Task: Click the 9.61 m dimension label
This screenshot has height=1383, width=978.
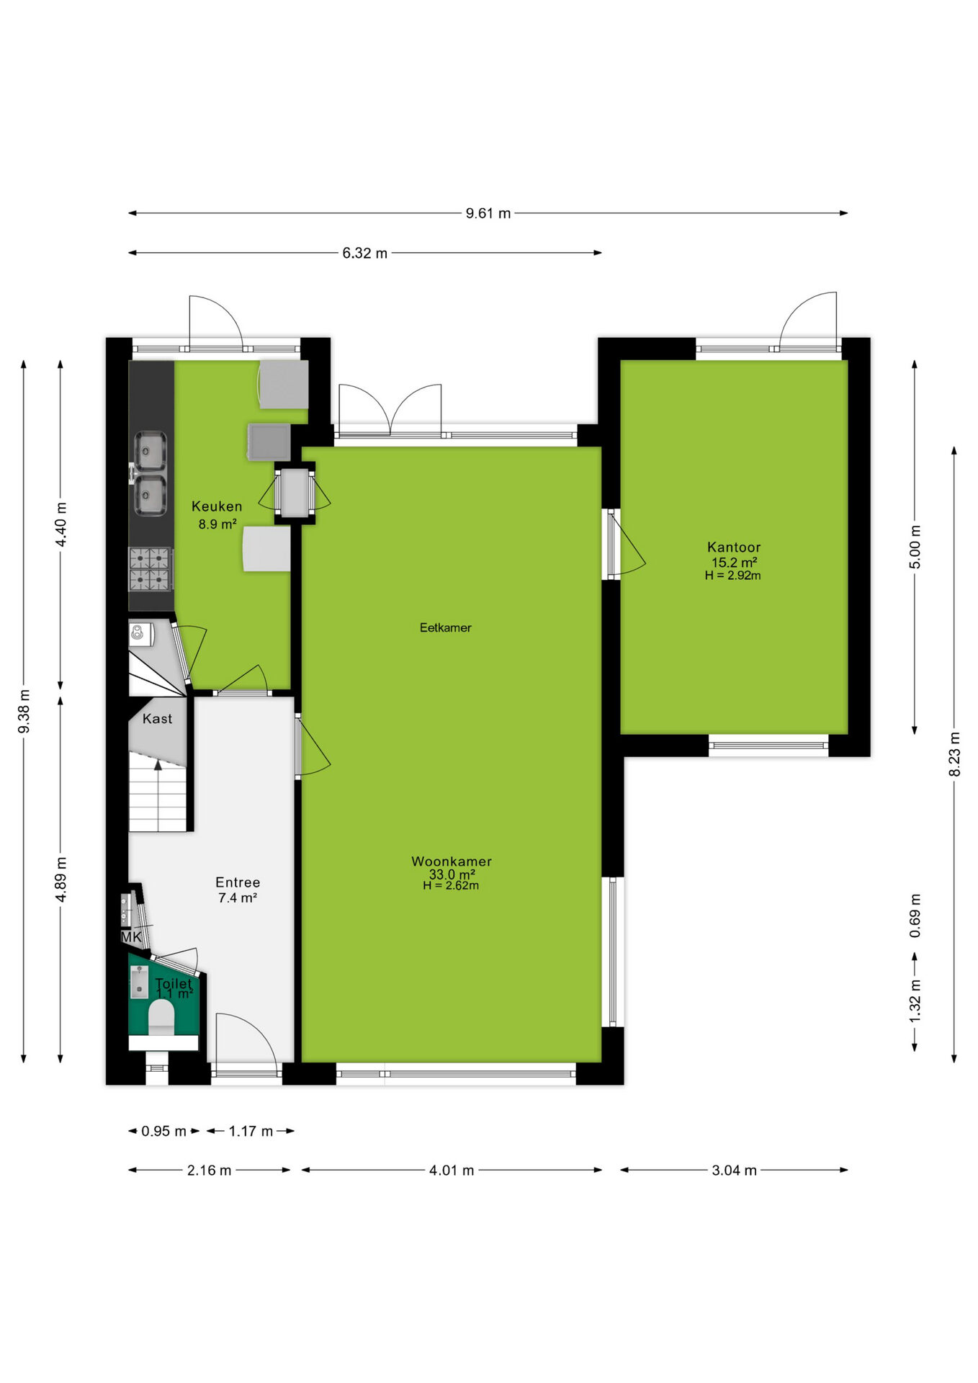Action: click(x=488, y=213)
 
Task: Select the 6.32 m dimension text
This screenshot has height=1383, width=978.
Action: click(x=365, y=254)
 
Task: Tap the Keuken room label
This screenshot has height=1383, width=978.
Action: click(x=217, y=506)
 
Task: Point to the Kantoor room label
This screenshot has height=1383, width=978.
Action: click(x=734, y=547)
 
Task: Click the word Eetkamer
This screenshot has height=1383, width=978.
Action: click(x=446, y=627)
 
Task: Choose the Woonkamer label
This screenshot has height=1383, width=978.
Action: click(x=452, y=861)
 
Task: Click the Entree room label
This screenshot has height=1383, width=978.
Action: click(x=238, y=882)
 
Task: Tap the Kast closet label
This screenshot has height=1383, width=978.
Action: click(x=157, y=719)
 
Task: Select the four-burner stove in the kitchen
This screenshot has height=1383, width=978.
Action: click(x=151, y=569)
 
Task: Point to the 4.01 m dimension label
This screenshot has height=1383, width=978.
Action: click(x=452, y=1171)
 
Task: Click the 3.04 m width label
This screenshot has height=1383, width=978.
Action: click(x=735, y=1171)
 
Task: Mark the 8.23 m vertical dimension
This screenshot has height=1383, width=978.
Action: click(x=954, y=754)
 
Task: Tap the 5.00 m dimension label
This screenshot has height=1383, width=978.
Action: click(x=915, y=547)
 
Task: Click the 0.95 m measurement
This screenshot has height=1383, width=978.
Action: click(x=163, y=1132)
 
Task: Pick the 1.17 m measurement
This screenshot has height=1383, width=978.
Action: click(x=251, y=1132)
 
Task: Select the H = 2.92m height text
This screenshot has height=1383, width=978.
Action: click(x=733, y=576)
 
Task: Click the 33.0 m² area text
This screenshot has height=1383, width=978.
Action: click(x=452, y=874)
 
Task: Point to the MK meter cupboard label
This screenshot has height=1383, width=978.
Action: click(x=131, y=937)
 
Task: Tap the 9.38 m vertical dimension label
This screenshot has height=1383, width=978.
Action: click(x=24, y=712)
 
